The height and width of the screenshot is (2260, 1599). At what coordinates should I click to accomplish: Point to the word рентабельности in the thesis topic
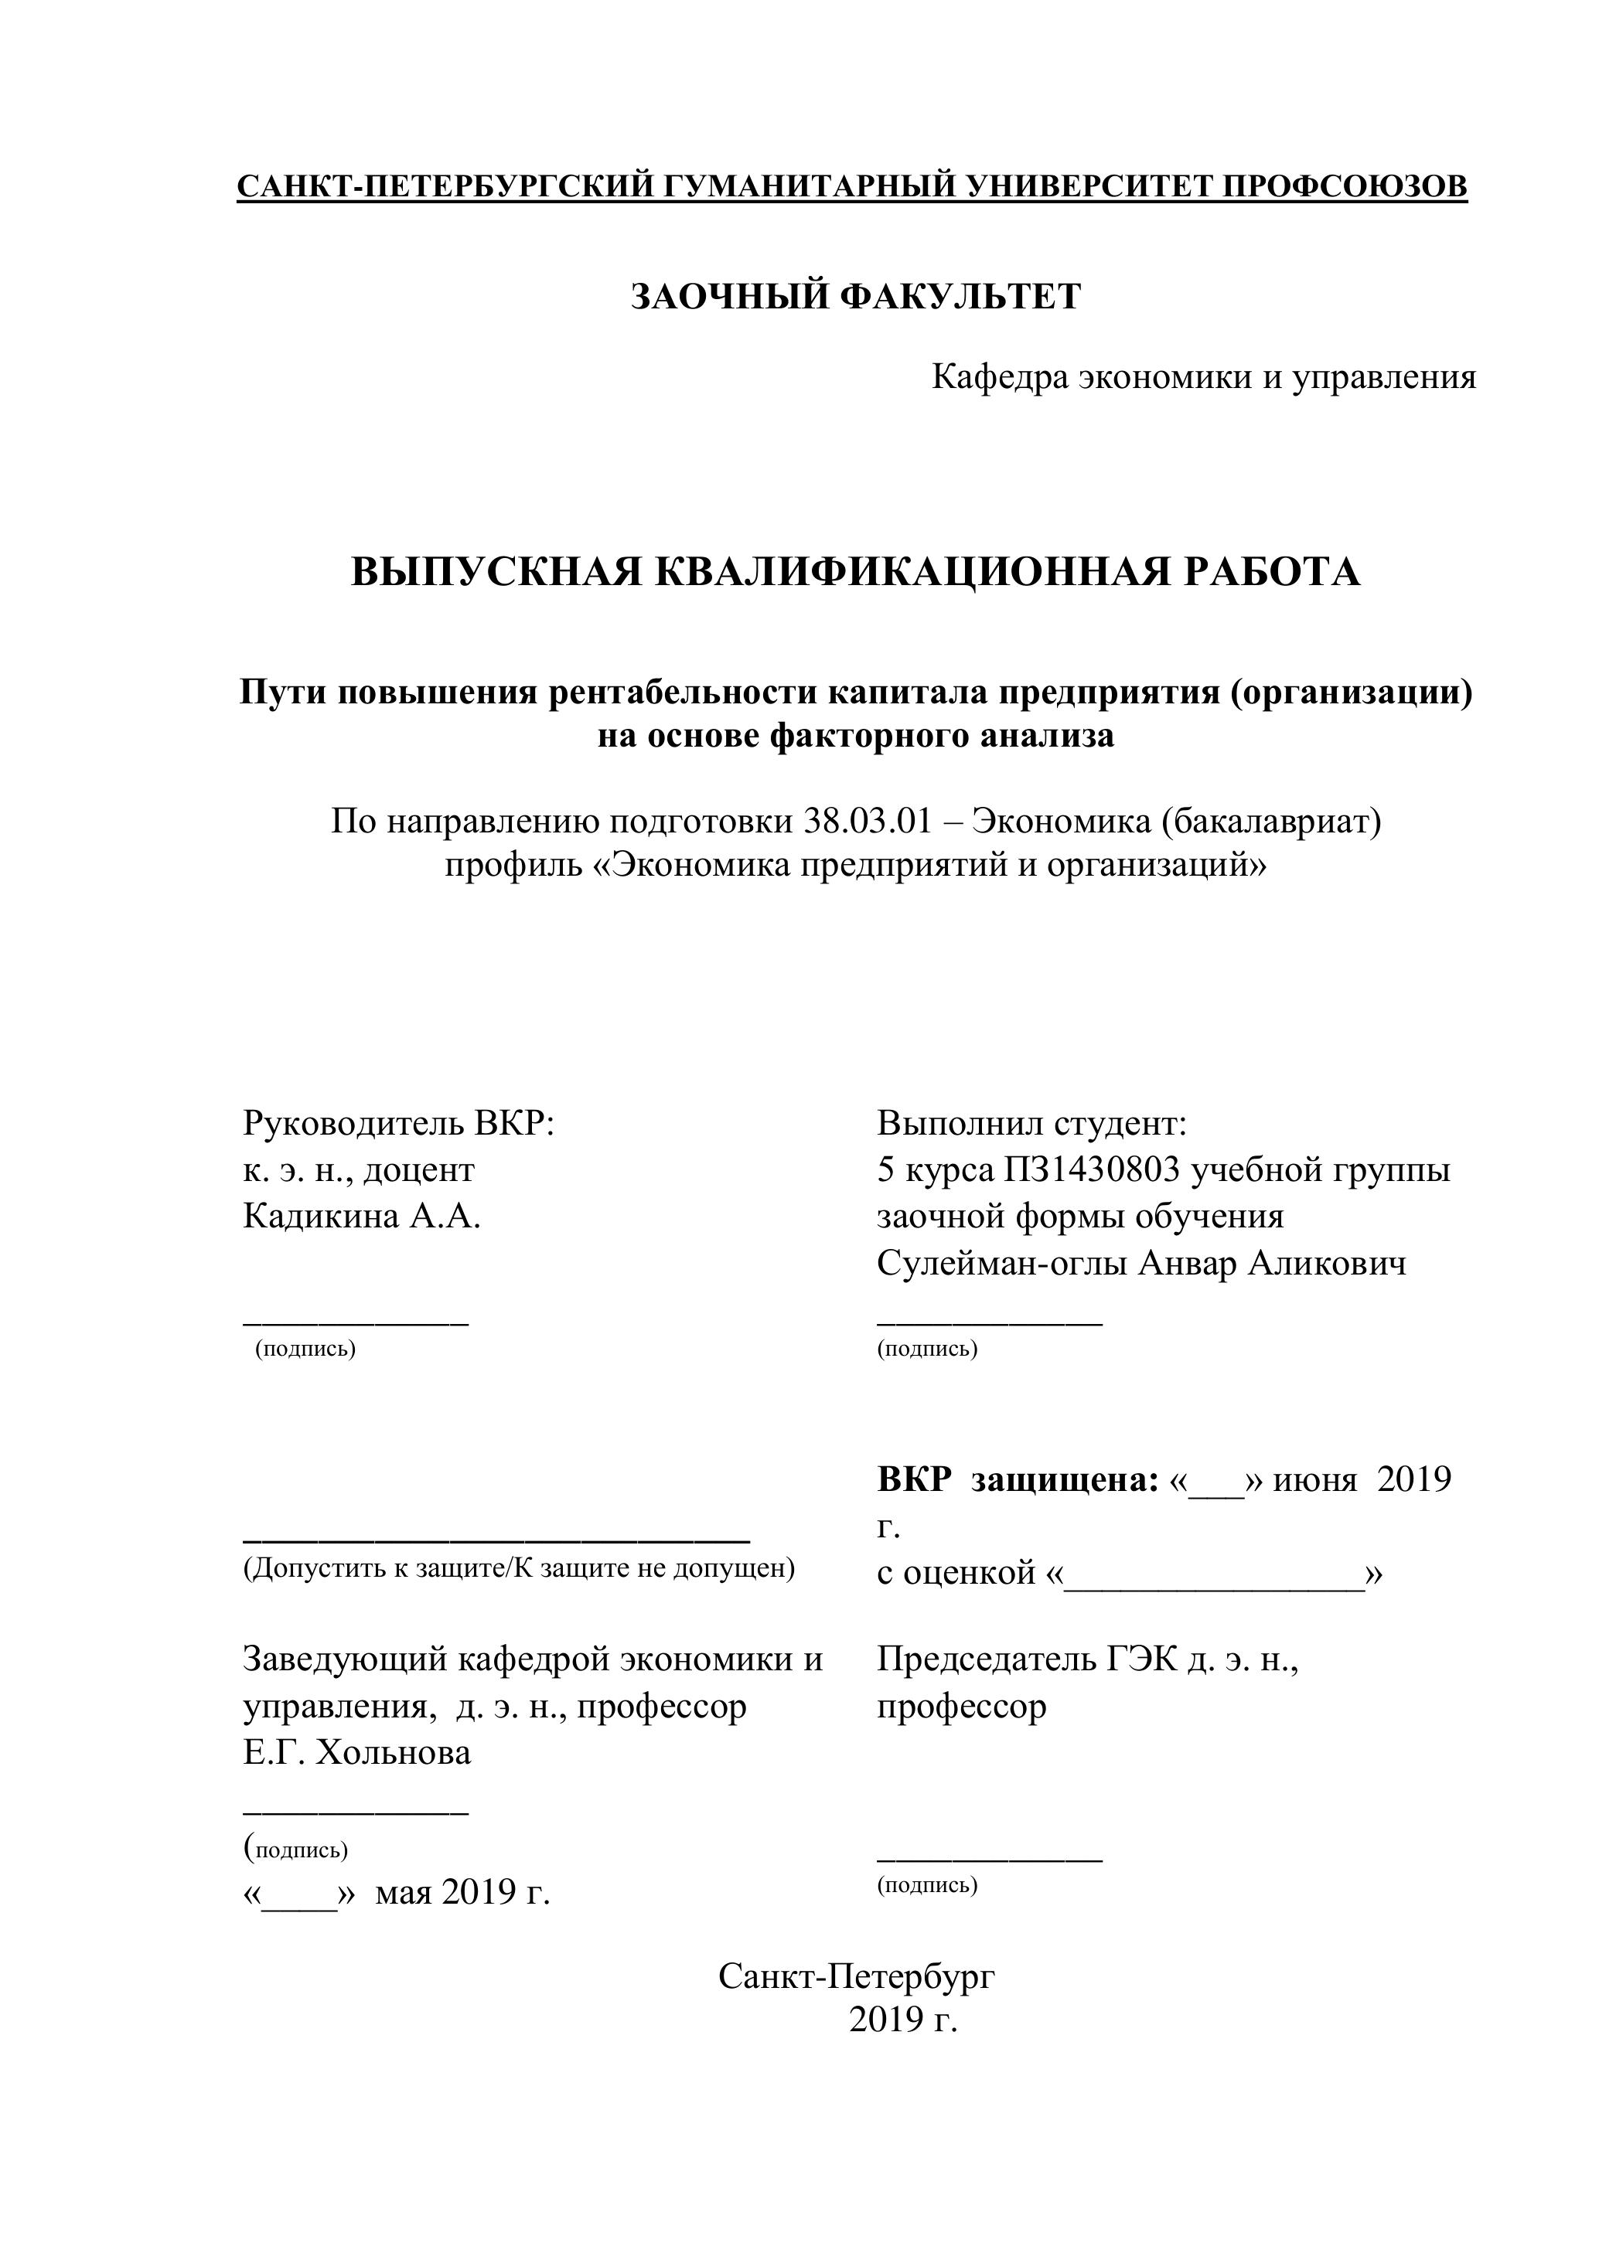[684, 693]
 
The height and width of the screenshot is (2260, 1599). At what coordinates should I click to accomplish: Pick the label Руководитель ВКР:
[399, 1123]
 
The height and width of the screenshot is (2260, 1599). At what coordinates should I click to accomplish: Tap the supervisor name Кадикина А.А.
[361, 1217]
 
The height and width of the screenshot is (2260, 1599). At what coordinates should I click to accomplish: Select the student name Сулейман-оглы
[1002, 1264]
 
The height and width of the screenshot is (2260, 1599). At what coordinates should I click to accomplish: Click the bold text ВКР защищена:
[1017, 1479]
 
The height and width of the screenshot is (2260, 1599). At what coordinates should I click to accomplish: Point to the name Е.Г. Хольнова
[356, 1752]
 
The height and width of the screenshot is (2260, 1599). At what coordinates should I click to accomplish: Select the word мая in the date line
[404, 1891]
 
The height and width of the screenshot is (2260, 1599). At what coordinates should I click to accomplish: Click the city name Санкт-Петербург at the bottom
[857, 1976]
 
